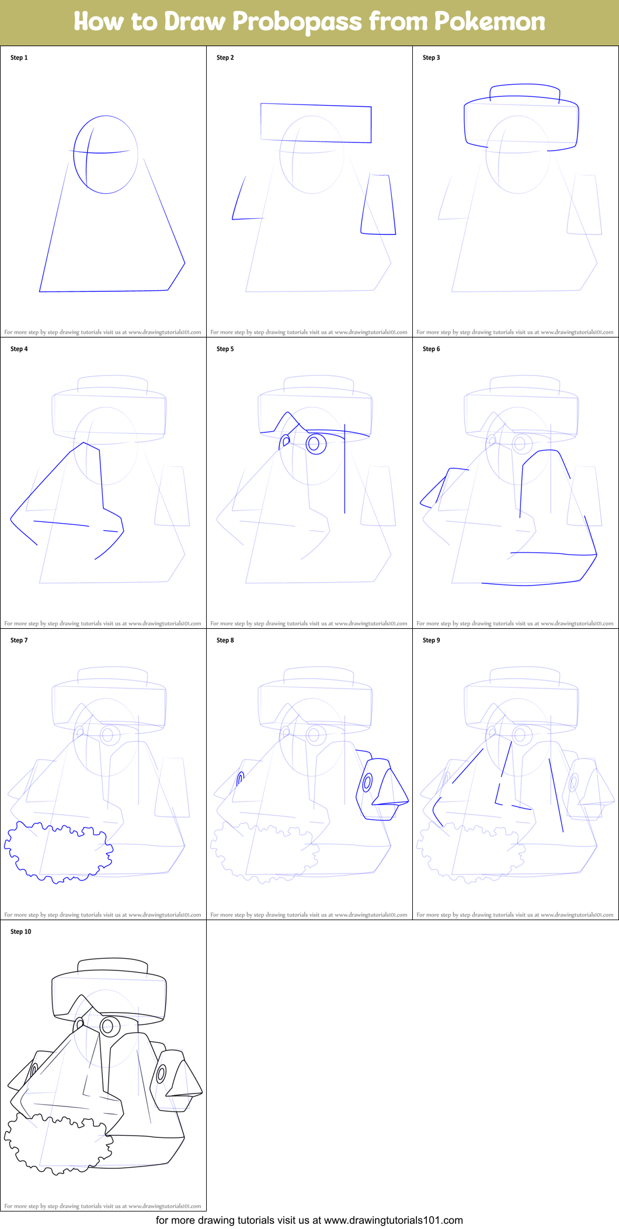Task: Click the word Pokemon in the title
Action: tap(489, 22)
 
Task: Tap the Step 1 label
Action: tap(19, 58)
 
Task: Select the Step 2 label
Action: tap(225, 58)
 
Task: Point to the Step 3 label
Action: tap(431, 58)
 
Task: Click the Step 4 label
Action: tap(19, 349)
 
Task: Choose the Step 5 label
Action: tap(225, 349)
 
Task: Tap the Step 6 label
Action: tap(431, 349)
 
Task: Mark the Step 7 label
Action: tap(19, 640)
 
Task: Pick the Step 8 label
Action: tap(225, 640)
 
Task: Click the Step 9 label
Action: tap(431, 640)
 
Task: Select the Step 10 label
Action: tap(20, 932)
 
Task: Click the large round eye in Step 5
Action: tap(316, 444)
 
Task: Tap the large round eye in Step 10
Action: tap(109, 1026)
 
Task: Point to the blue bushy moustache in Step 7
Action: tap(58, 852)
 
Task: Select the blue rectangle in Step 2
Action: tap(315, 123)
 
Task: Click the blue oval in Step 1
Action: tap(106, 155)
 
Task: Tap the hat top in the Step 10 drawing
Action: tap(112, 965)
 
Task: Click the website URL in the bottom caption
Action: tap(393, 1220)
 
